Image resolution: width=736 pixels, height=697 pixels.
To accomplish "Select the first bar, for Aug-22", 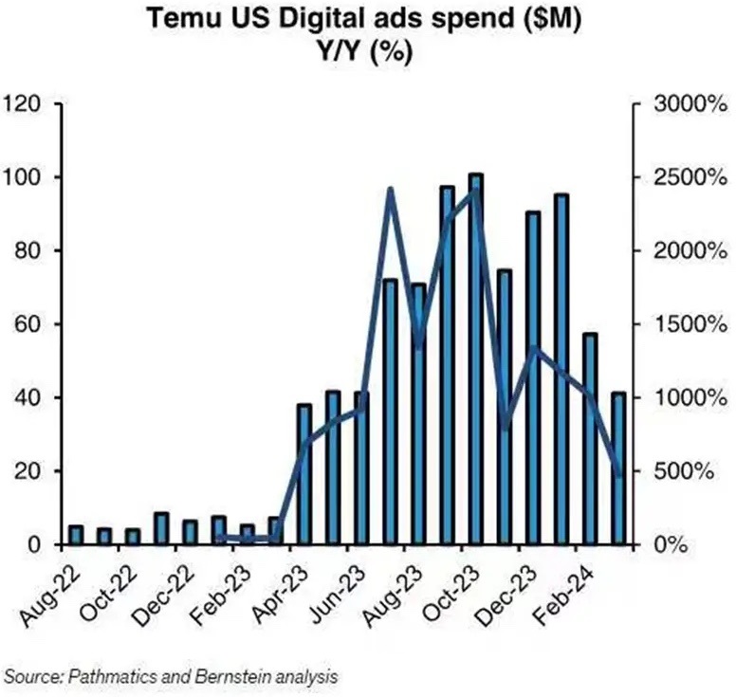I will (x=76, y=535).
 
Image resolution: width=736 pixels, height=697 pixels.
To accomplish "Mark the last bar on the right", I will (x=618, y=468).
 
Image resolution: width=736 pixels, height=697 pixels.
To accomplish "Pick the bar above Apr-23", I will (x=304, y=474).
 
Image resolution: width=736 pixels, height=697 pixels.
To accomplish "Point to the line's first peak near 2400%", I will (x=390, y=191).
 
